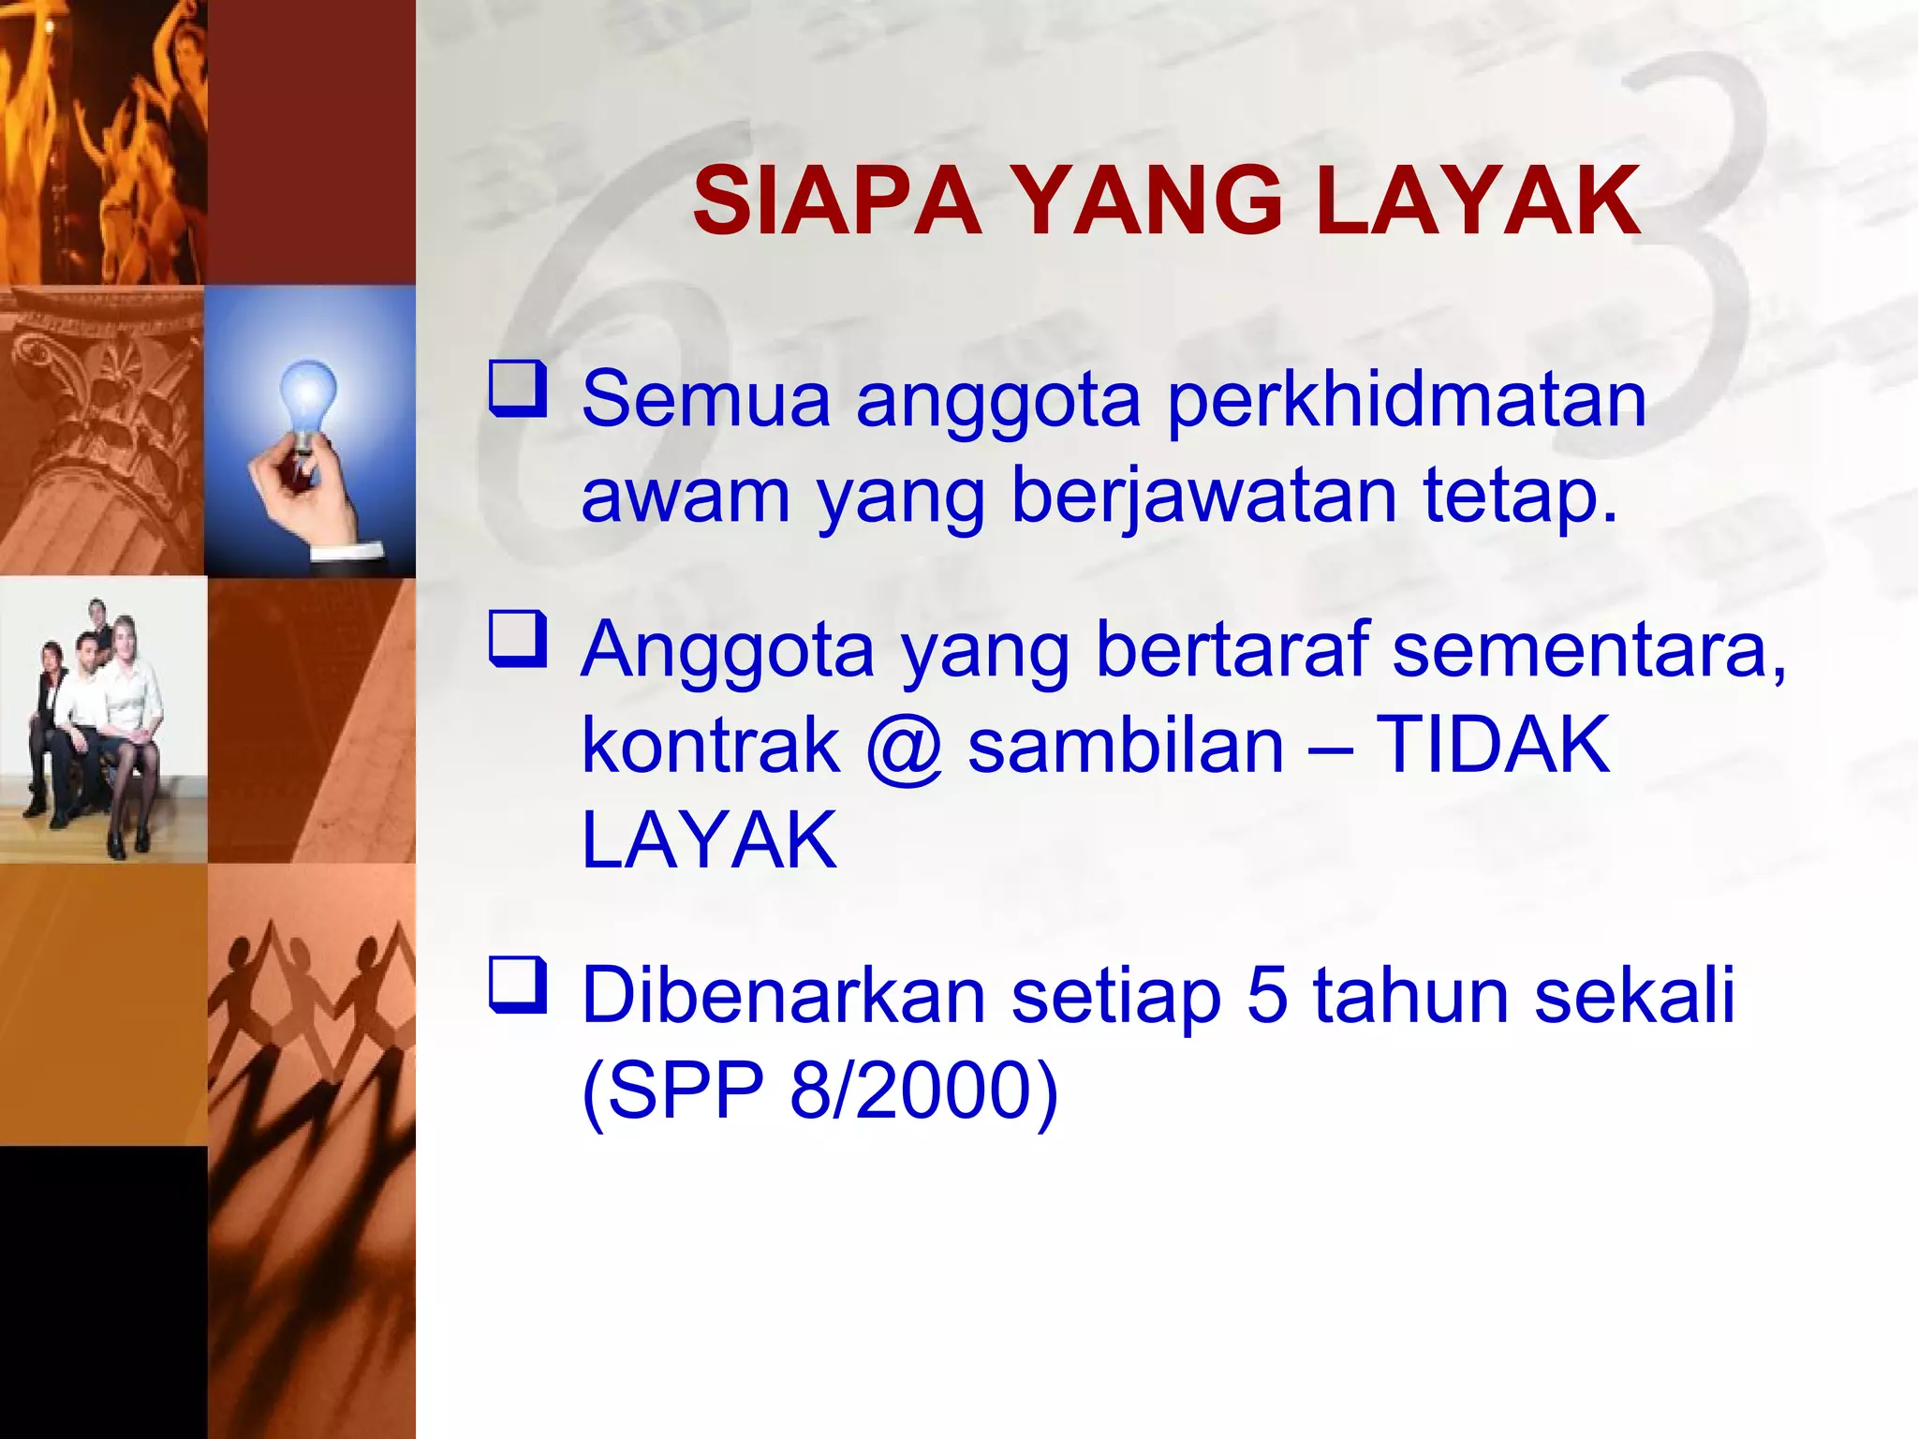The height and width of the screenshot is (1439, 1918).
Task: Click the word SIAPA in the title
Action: (836, 201)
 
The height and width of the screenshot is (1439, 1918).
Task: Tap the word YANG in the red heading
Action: (1148, 201)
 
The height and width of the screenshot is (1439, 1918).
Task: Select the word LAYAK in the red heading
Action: (1477, 201)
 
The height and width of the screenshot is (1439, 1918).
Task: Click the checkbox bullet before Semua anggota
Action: (517, 390)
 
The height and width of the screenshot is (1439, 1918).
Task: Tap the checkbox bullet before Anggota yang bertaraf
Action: (517, 639)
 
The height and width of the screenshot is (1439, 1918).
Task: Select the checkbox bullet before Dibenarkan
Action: (517, 986)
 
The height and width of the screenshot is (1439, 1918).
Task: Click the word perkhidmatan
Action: (1407, 401)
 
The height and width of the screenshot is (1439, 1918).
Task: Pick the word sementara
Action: (1588, 650)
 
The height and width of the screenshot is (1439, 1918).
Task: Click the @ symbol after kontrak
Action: (903, 748)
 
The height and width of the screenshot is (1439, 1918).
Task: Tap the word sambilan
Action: (1125, 746)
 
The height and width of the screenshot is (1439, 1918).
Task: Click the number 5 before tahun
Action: (1267, 996)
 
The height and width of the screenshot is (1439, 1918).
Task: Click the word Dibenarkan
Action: (783, 996)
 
